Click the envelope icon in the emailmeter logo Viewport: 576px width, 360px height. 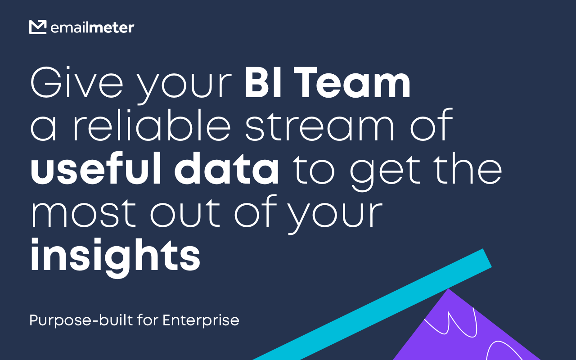click(38, 27)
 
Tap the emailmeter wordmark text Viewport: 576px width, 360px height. click(92, 27)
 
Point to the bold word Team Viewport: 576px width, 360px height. click(352, 82)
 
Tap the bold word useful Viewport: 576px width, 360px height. click(96, 168)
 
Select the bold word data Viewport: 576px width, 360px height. click(226, 168)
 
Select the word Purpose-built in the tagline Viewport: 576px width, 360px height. click(81, 321)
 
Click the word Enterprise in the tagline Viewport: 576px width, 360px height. click(201, 320)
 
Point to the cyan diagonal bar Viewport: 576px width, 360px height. click(372, 305)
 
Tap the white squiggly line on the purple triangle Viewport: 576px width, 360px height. click(450, 324)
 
